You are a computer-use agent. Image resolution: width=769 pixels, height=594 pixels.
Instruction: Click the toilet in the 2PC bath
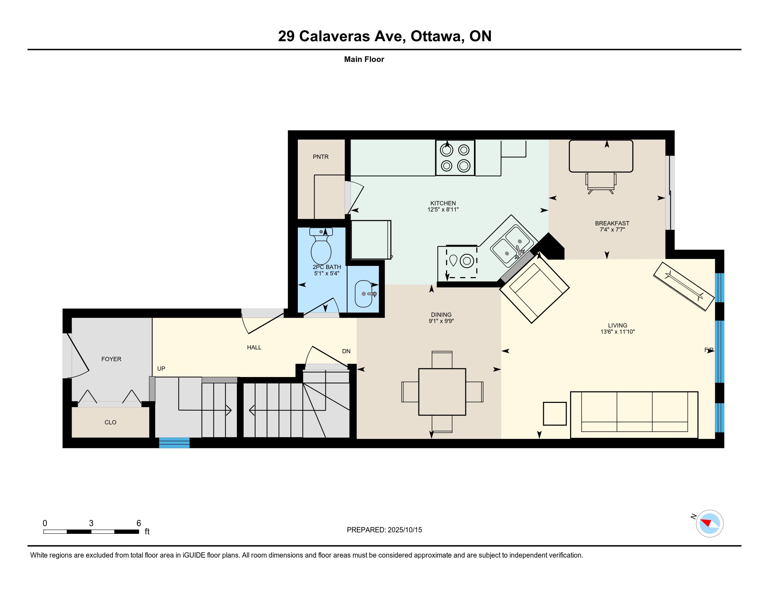[321, 246]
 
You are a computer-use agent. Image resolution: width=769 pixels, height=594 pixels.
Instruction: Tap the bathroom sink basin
[364, 294]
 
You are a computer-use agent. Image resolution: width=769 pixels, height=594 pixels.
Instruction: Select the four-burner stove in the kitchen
[455, 158]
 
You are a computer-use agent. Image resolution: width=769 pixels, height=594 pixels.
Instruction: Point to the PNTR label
[321, 157]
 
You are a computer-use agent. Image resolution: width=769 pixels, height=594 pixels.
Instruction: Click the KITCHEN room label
[443, 203]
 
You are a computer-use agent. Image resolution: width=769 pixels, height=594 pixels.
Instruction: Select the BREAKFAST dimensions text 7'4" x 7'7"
[612, 230]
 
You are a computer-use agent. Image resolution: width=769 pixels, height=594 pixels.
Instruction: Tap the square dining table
[442, 392]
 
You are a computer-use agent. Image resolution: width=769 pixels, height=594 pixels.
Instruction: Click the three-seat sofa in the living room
[634, 415]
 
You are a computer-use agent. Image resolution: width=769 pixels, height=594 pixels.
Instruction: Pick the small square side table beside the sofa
[555, 413]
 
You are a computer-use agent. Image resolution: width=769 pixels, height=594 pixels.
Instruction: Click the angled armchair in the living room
[534, 289]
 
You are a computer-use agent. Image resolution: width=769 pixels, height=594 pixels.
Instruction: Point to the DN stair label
[346, 351]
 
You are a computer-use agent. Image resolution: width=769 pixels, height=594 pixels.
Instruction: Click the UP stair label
[161, 368]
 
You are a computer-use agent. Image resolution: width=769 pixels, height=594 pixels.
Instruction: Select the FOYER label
[111, 359]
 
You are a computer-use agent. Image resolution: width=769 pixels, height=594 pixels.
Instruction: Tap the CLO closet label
[110, 422]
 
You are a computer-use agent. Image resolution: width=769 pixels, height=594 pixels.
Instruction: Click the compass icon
[710, 523]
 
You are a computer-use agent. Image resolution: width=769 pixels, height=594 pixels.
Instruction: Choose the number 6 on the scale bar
[139, 523]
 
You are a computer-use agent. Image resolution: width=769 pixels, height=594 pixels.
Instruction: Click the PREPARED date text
[384, 530]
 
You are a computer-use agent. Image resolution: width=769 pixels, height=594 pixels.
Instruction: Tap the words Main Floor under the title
[364, 59]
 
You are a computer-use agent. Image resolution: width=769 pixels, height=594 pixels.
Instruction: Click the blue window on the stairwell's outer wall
[174, 443]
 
